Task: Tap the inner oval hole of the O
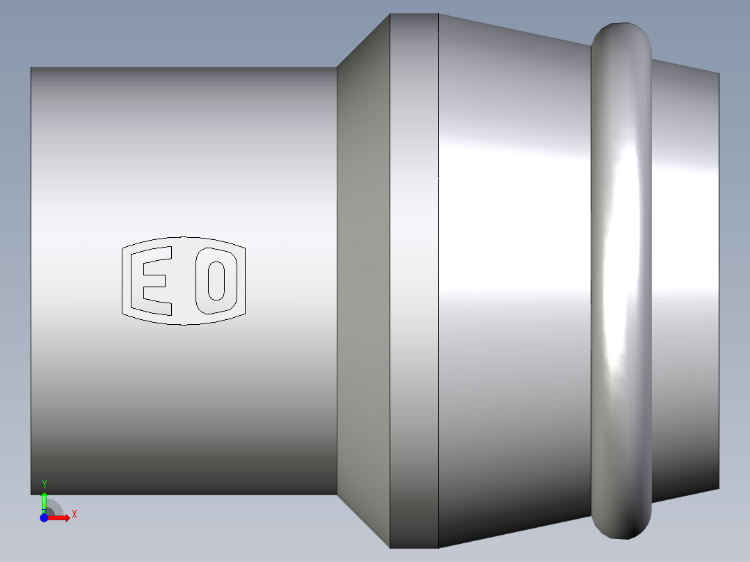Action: point(216,281)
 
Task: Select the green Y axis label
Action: point(45,484)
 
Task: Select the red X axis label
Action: point(74,515)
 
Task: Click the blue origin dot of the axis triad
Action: point(44,517)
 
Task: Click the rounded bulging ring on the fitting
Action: point(621,281)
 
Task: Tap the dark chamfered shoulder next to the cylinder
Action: point(363,281)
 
